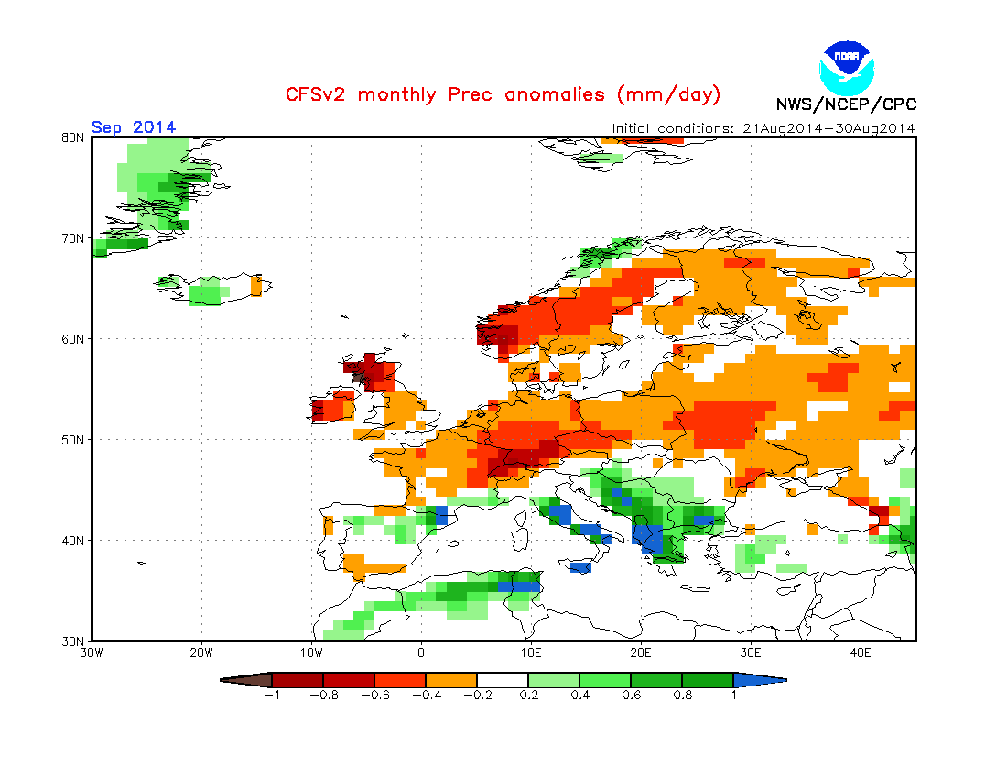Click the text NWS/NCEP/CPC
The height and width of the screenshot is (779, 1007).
coord(846,104)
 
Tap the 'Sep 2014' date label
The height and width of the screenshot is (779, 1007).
coord(134,127)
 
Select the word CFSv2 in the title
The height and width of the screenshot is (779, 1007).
coord(318,94)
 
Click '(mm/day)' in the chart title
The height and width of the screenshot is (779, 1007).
coord(669,94)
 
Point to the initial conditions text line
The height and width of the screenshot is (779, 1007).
coord(763,128)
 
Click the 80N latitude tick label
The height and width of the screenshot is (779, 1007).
coord(74,137)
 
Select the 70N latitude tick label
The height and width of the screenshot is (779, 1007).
coord(74,238)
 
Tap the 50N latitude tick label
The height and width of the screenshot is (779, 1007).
coord(74,440)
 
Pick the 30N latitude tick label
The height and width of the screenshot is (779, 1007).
coord(74,641)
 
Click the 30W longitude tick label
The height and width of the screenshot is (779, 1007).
coord(92,653)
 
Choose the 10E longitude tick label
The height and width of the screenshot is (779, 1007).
coord(531,653)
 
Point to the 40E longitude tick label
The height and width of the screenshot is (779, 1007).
coord(861,653)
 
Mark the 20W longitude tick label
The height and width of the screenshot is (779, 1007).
coord(201,653)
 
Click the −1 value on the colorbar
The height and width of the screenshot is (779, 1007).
coord(271,695)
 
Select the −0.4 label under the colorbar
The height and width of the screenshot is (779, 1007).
coord(425,695)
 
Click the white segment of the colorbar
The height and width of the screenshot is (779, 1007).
coord(503,680)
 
